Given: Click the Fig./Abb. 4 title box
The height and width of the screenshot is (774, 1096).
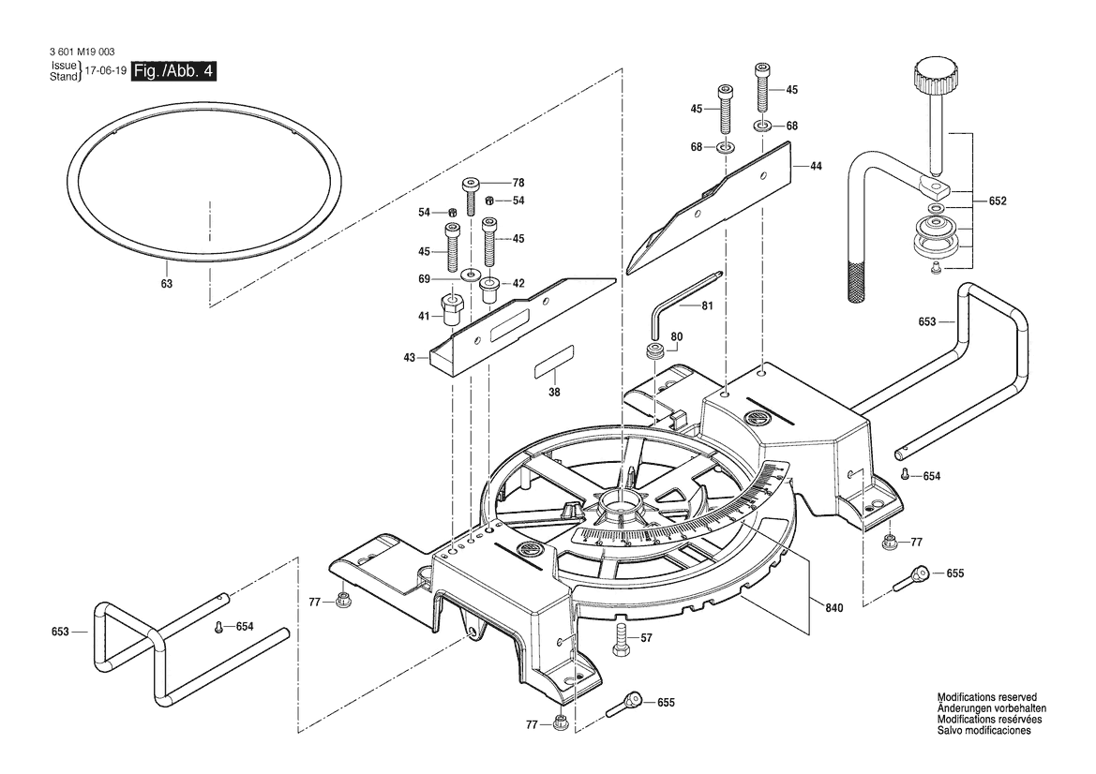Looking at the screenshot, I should pos(173,71).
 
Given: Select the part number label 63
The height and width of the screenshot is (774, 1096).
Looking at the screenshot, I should pos(166,283).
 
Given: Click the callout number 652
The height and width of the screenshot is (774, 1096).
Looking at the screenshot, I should pos(998,201).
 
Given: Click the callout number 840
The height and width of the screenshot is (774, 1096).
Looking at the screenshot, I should pos(834,608).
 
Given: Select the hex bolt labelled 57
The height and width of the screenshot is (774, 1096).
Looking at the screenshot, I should pos(620,641).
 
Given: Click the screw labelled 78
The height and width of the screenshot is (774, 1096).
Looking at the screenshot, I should pos(472,194).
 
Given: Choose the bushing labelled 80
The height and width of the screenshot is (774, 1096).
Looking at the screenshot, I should pos(653,352).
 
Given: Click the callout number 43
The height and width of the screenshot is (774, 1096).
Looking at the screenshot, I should pos(409,357).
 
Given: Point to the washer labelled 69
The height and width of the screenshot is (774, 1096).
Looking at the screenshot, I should pos(467,275).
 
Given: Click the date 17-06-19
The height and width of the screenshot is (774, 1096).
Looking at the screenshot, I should pos(105,71).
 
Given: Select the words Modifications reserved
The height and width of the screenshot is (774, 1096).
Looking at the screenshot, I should pos(987,698).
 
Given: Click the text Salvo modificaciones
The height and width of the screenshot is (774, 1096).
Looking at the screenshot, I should pos(983,730).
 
